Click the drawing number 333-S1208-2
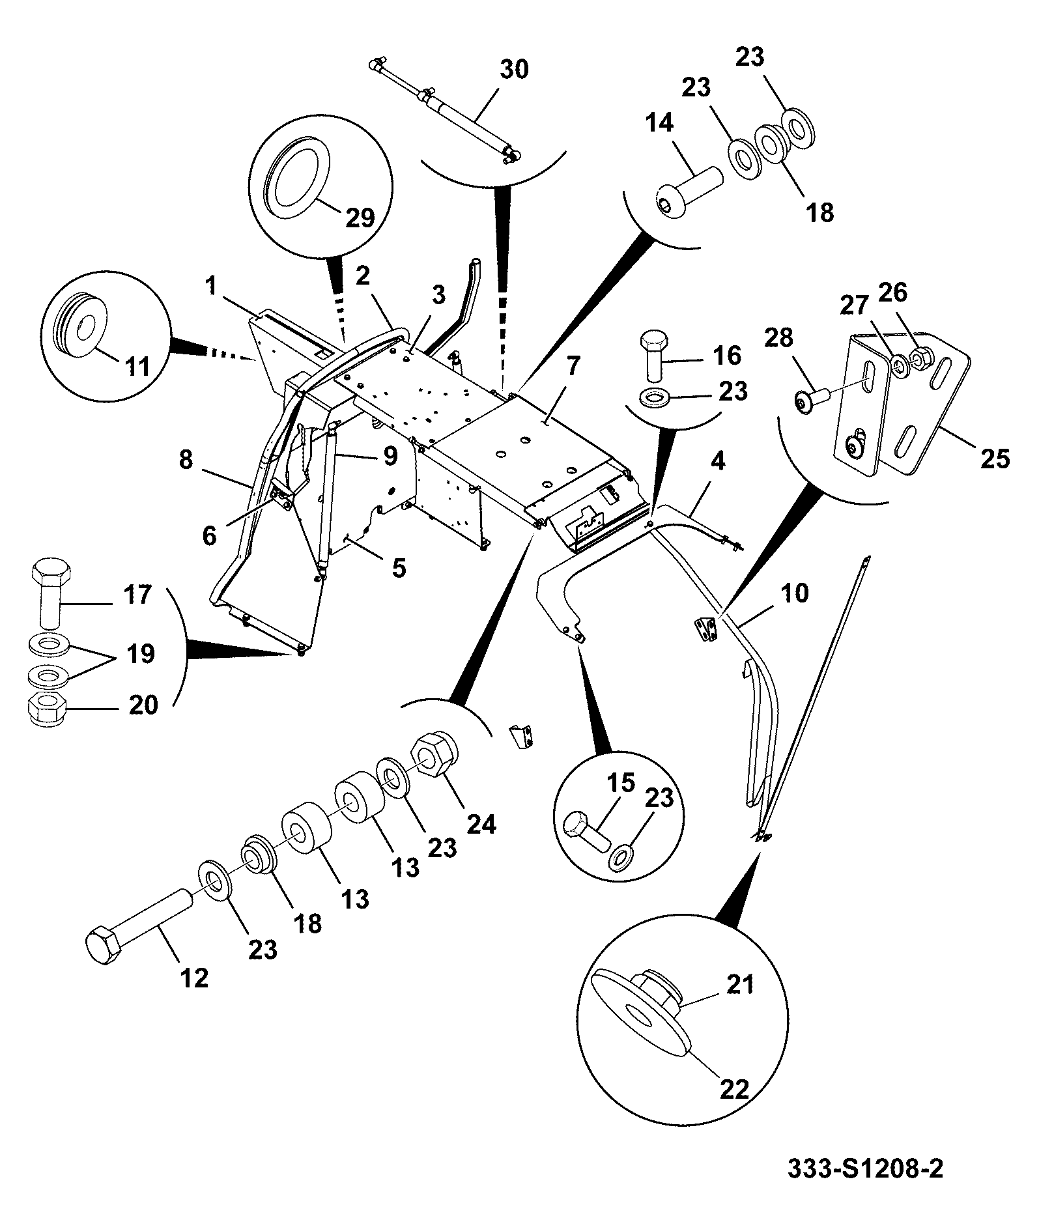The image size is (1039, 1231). (865, 1167)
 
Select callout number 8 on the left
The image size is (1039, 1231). (186, 460)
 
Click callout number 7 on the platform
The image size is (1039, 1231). (571, 367)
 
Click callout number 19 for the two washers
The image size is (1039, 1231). (140, 653)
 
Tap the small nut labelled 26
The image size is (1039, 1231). (921, 357)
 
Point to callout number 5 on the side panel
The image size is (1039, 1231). (399, 568)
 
